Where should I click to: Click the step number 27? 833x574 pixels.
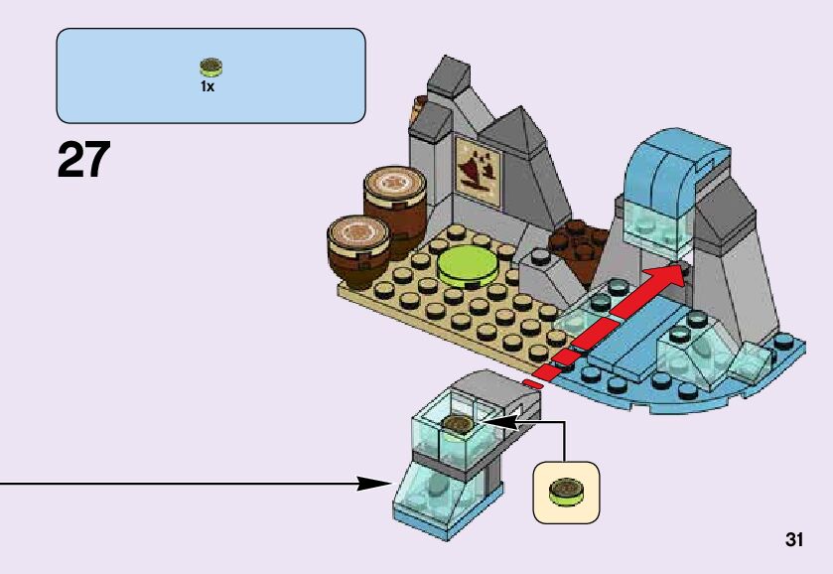coord(83,160)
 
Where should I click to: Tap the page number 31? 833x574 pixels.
coord(793,540)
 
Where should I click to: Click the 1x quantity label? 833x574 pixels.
coord(208,86)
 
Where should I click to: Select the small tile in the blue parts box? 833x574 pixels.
coord(209,68)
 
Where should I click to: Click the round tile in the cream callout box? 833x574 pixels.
coord(567,489)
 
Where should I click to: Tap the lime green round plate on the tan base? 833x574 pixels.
coord(468,264)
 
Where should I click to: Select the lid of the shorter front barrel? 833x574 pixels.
coord(354,231)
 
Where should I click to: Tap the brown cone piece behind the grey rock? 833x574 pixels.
coord(419,110)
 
